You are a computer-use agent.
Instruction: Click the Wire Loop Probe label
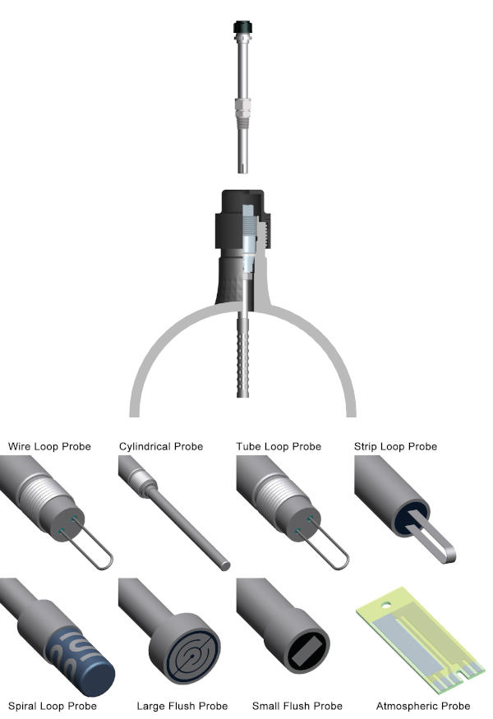click(49, 447)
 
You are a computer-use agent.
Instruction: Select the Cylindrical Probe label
click(161, 447)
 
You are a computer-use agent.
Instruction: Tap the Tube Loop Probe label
click(278, 447)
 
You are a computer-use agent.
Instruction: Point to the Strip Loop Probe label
click(395, 447)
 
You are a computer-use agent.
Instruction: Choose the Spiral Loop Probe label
click(53, 706)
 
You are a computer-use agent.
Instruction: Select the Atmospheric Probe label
click(423, 706)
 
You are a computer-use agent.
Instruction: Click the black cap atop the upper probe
click(242, 28)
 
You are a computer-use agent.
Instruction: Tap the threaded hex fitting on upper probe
click(242, 107)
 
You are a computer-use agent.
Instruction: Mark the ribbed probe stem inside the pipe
click(242, 353)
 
